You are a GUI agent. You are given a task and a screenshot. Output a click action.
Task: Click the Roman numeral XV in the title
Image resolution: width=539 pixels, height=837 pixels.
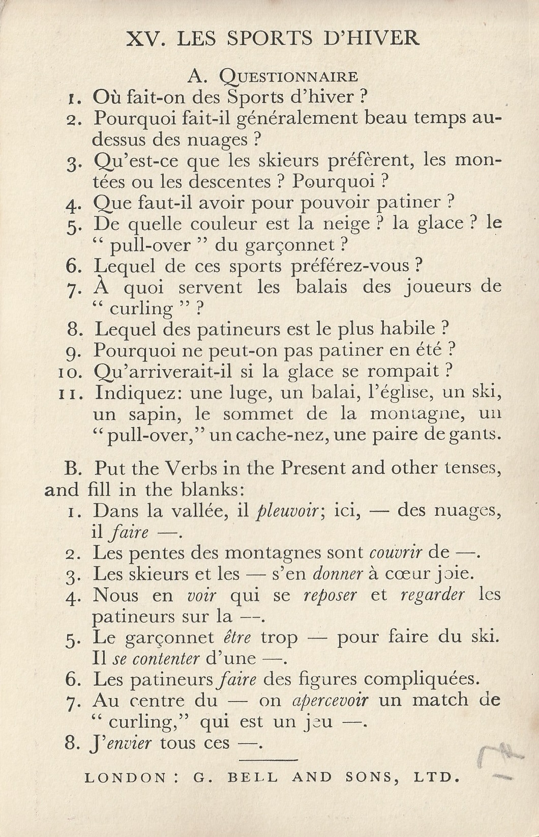click(144, 39)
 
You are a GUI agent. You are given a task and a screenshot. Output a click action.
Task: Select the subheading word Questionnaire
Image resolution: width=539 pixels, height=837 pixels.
click(288, 76)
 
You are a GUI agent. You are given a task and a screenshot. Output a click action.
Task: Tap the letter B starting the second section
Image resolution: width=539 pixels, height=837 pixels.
click(70, 468)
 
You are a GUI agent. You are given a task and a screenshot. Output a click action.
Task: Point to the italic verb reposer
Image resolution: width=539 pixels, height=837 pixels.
click(330, 595)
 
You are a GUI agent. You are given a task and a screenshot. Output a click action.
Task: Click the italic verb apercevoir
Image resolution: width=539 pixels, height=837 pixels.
click(331, 701)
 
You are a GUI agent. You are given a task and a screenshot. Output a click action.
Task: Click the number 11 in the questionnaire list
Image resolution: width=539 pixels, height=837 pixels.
click(69, 394)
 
